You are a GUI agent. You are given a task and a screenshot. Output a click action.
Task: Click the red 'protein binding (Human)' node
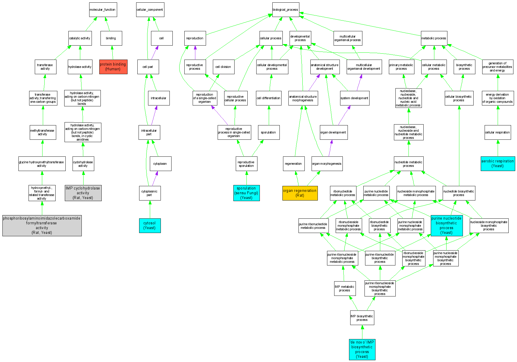113,67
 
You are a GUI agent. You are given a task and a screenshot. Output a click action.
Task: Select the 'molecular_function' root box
103,10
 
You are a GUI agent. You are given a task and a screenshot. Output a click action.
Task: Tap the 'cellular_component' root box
150,10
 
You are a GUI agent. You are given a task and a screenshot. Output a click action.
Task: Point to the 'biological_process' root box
285,10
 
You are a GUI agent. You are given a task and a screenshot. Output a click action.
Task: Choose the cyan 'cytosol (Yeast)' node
150,226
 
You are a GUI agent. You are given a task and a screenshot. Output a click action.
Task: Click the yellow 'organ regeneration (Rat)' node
300,193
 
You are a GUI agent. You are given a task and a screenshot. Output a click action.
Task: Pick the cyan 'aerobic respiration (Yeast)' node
497,164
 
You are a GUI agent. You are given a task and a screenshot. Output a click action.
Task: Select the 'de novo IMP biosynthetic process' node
362,349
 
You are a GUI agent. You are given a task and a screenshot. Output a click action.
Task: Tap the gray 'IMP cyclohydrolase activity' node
83,193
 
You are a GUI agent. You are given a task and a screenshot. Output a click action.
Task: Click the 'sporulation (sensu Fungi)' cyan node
246,193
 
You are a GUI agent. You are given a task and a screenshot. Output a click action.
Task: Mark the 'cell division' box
223,67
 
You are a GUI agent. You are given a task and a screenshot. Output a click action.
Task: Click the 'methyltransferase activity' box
43,132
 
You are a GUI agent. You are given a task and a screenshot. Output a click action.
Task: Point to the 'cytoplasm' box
160,164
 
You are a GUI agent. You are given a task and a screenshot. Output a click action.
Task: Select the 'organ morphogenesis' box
327,164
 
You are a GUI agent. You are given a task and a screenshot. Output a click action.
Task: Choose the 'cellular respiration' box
497,132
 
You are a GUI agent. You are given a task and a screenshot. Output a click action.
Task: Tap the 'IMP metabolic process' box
345,288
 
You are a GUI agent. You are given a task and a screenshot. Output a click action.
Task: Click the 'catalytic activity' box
80,38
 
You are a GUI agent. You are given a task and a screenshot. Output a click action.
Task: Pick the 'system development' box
354,98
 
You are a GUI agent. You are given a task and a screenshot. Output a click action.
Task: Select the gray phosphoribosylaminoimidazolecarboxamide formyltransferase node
42,226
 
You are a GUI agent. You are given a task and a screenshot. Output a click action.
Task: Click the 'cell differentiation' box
268,98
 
